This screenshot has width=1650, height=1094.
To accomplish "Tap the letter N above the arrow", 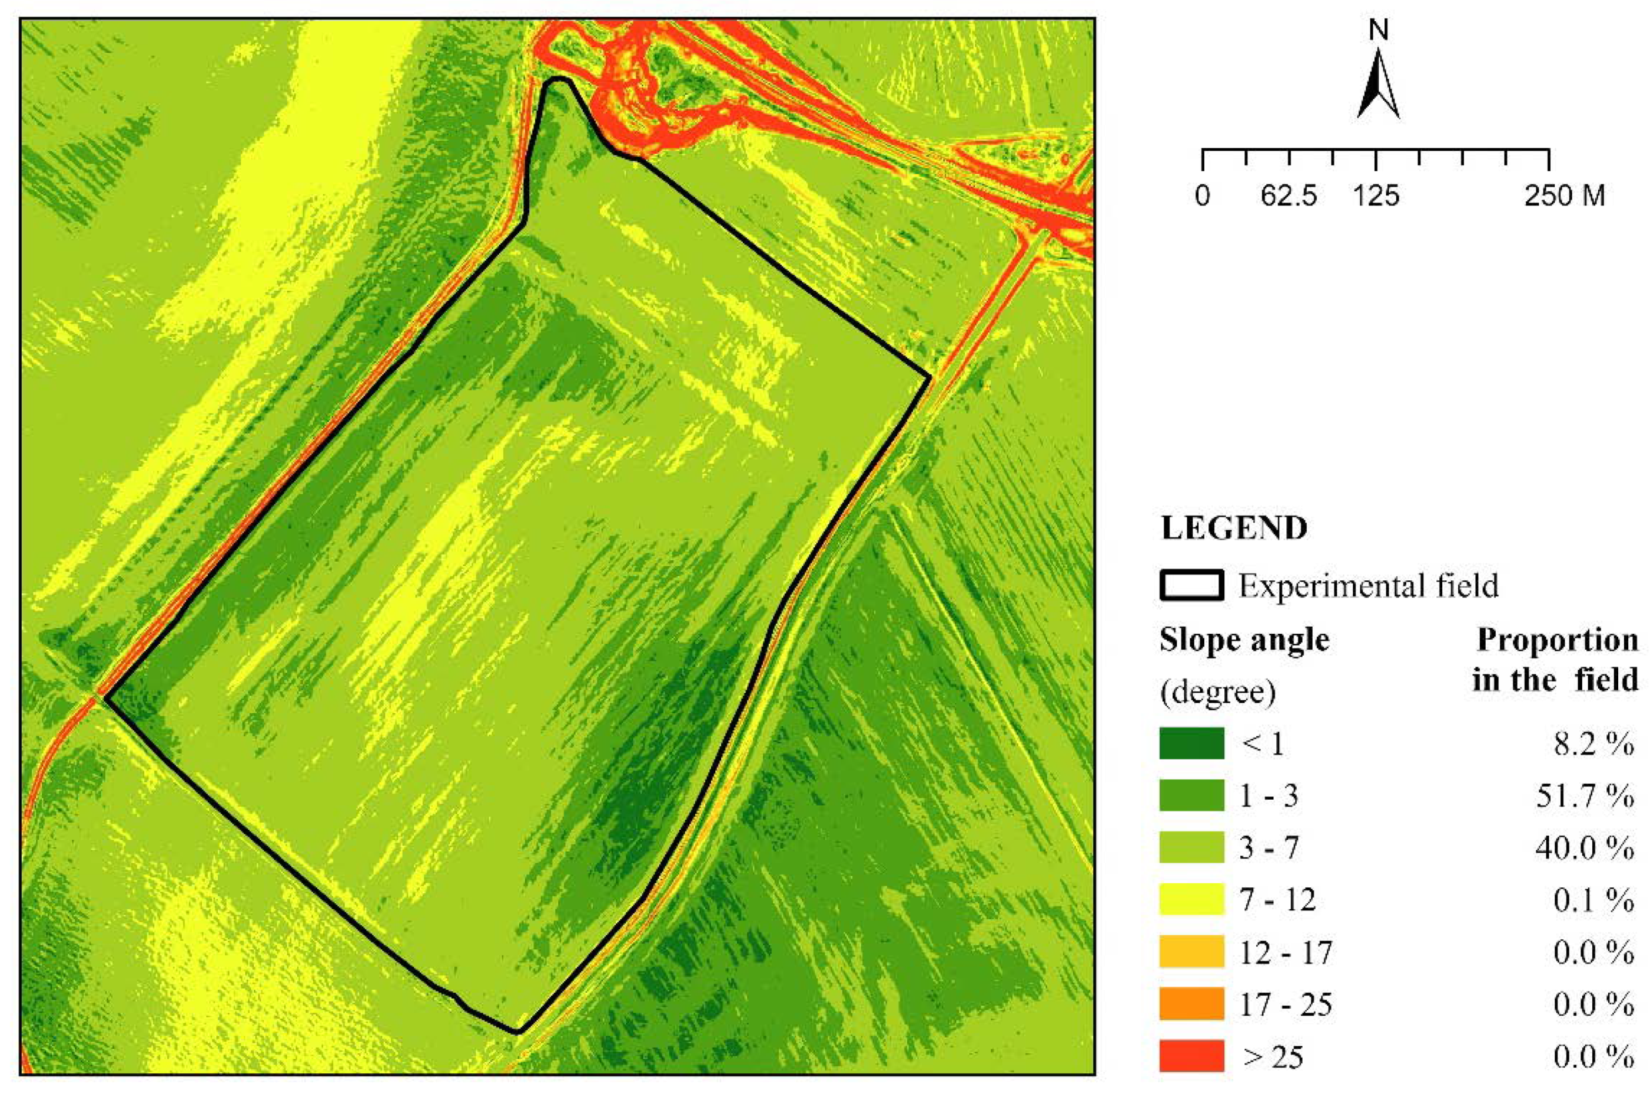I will click(1379, 31).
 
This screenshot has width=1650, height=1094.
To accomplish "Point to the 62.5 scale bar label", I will click(1289, 196).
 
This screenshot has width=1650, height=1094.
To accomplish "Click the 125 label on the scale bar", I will click(1376, 196).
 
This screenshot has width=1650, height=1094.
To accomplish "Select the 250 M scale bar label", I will click(1564, 196).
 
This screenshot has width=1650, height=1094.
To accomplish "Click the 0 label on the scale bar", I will click(1202, 196).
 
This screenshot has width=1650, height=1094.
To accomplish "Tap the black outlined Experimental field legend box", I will click(1191, 586).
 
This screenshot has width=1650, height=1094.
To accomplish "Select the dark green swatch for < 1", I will click(1191, 743).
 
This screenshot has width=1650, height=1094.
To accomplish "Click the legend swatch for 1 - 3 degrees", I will click(1191, 796).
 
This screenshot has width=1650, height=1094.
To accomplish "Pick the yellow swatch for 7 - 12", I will click(1191, 899).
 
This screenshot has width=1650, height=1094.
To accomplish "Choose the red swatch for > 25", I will click(1191, 1056).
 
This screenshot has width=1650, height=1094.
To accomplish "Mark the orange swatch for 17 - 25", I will click(1191, 1003).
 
